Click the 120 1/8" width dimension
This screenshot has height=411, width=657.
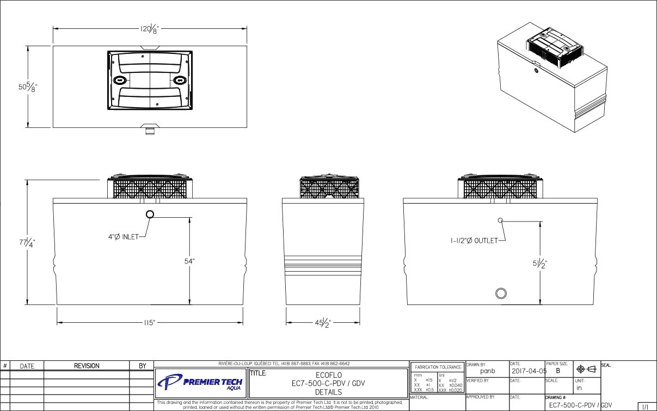point(150,29)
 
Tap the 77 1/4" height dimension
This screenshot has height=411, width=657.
point(27,243)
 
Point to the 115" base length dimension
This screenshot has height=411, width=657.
point(150,323)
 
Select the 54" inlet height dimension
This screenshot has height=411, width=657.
point(189,261)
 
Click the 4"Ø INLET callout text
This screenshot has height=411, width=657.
point(122,237)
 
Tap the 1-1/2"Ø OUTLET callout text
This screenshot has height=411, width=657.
point(474,241)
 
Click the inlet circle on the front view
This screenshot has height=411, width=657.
point(150,214)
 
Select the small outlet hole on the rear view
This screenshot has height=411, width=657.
point(501,220)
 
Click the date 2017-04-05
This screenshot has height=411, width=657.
point(526,371)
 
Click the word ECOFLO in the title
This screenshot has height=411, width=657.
point(328,375)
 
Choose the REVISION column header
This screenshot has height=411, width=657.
point(87,366)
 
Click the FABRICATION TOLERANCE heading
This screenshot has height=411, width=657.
point(438,367)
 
